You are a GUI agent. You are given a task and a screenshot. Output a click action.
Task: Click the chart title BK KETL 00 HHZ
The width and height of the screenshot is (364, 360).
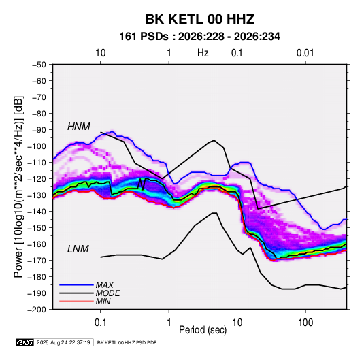200,19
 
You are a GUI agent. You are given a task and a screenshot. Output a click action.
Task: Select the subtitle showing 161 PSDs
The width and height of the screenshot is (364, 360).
199,37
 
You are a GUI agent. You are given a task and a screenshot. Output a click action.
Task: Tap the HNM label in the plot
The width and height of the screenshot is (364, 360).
79,127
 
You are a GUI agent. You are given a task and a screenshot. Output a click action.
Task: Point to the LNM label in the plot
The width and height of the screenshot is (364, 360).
78,249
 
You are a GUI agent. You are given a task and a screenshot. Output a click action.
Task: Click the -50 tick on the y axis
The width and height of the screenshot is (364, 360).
39,65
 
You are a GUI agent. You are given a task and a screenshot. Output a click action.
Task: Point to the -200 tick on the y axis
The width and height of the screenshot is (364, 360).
37,310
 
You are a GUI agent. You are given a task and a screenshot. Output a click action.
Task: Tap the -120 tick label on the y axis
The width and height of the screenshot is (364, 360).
37,179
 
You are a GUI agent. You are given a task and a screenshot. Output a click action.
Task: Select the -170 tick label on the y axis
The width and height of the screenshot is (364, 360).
37,261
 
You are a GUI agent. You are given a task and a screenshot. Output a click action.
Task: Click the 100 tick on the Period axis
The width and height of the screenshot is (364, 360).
305,323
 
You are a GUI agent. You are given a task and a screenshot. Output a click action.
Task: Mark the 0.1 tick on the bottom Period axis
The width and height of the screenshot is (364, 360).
100,323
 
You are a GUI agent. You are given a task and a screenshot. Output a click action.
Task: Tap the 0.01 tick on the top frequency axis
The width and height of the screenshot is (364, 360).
305,53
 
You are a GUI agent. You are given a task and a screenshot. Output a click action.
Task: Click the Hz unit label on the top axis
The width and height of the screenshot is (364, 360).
203,53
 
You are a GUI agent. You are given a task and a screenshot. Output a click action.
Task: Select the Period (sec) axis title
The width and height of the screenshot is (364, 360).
203,330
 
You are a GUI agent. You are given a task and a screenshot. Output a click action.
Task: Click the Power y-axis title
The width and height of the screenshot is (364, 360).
18,186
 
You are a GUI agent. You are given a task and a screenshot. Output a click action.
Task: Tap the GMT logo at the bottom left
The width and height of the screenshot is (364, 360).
24,342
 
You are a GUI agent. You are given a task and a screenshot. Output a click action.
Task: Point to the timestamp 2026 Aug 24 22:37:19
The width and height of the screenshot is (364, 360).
63,342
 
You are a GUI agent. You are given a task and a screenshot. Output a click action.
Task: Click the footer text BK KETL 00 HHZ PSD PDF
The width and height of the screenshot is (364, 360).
127,342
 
